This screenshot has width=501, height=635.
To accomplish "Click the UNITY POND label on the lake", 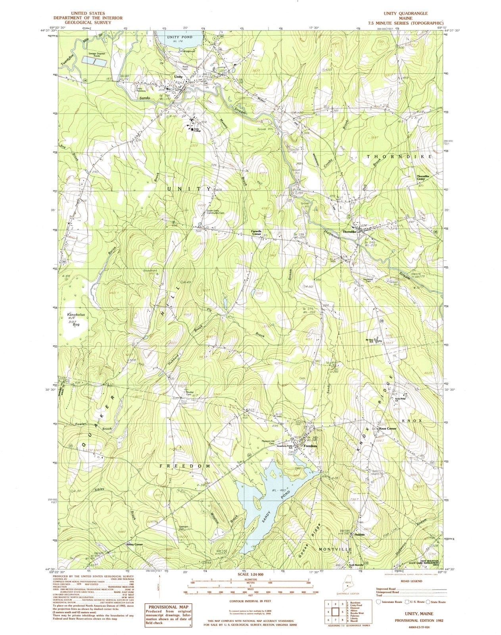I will pyautogui.click(x=179, y=37).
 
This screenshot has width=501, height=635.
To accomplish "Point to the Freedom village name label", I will pyautogui.click(x=310, y=446).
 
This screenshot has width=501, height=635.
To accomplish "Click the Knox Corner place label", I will pyautogui.click(x=388, y=429).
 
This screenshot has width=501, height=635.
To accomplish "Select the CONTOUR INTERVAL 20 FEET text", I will pyautogui.click(x=250, y=601).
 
